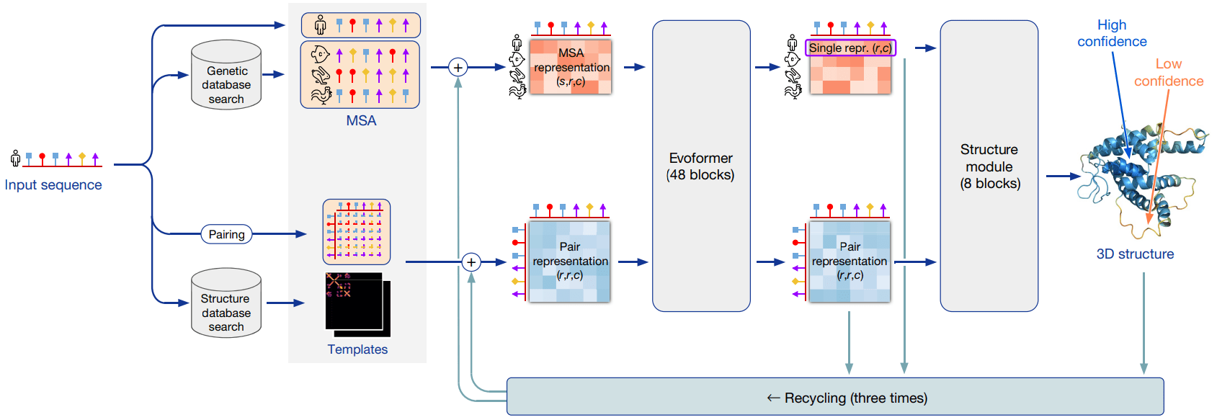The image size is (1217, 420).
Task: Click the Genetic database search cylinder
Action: click(226, 76)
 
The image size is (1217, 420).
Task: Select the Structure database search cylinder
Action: click(226, 303)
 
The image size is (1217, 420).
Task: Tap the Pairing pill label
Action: click(226, 234)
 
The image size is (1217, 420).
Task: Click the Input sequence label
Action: click(53, 185)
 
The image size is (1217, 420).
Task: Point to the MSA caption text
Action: click(361, 121)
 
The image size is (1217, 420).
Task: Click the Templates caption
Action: click(357, 349)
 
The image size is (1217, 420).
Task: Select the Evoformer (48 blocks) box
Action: click(701, 166)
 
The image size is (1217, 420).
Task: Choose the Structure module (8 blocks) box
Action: click(989, 166)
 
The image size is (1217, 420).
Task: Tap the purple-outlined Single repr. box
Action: click(850, 48)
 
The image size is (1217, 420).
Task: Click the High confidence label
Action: click(1112, 34)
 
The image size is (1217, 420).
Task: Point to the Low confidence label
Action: click(1168, 73)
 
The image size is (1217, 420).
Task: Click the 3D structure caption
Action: click(1135, 254)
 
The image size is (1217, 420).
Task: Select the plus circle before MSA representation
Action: click(458, 68)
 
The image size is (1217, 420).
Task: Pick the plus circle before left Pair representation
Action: click(471, 262)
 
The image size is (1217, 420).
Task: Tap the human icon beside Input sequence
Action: click(15, 158)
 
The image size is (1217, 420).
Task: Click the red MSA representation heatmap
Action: click(571, 67)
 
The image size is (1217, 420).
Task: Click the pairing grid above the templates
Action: click(357, 232)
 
